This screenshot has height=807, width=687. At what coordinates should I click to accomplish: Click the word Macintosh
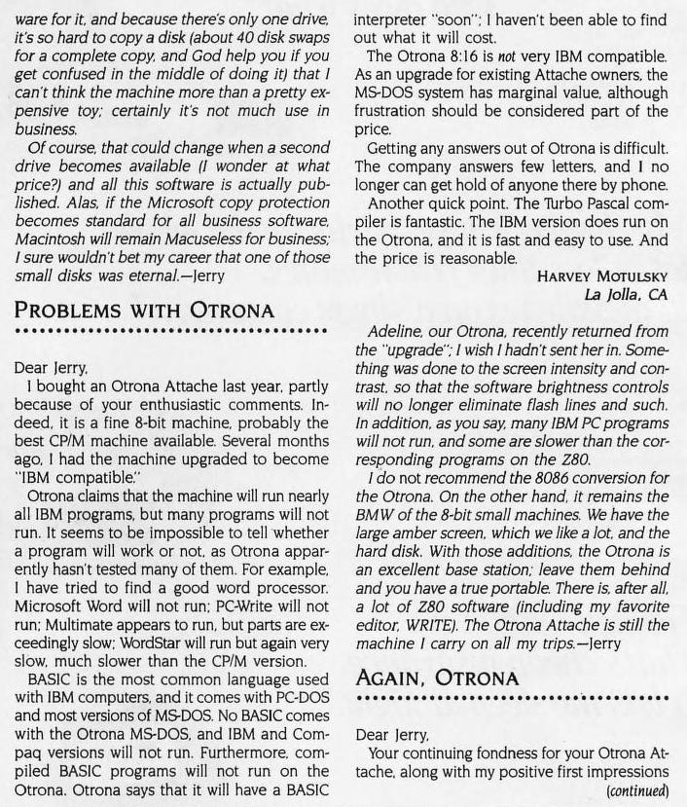click(x=54, y=238)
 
